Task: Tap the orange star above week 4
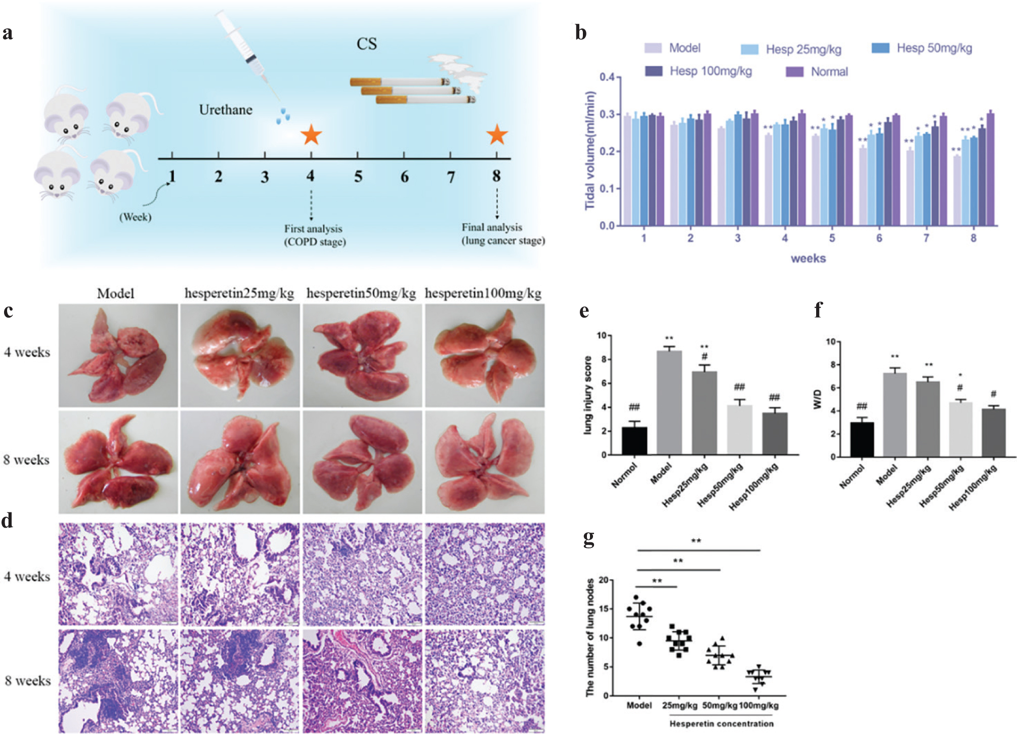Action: (x=311, y=135)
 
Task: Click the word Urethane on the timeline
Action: (x=226, y=110)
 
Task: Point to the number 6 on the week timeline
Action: (x=404, y=177)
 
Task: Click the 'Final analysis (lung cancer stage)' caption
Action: (x=502, y=234)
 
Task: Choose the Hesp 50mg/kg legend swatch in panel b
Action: (x=880, y=48)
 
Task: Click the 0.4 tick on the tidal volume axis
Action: (x=607, y=77)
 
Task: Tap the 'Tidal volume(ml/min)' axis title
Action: (x=590, y=150)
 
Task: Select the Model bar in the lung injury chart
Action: (x=669, y=402)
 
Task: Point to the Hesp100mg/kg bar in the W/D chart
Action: (x=993, y=433)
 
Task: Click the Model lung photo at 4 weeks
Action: (x=118, y=355)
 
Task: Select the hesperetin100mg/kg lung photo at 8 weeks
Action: (x=484, y=462)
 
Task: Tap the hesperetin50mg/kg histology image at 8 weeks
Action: (x=362, y=680)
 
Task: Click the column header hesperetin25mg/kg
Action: (x=239, y=293)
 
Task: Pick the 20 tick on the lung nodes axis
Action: (x=603, y=580)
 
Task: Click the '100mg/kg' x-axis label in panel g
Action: (x=758, y=705)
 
